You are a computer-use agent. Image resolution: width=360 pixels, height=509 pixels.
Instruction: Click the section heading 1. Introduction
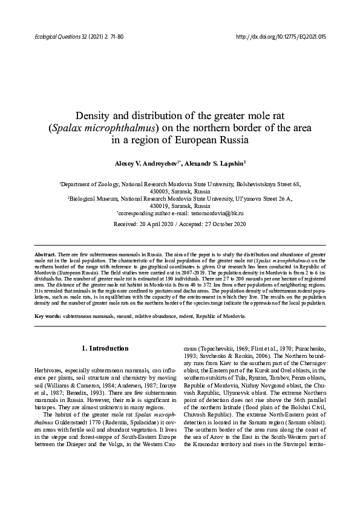(105, 348)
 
